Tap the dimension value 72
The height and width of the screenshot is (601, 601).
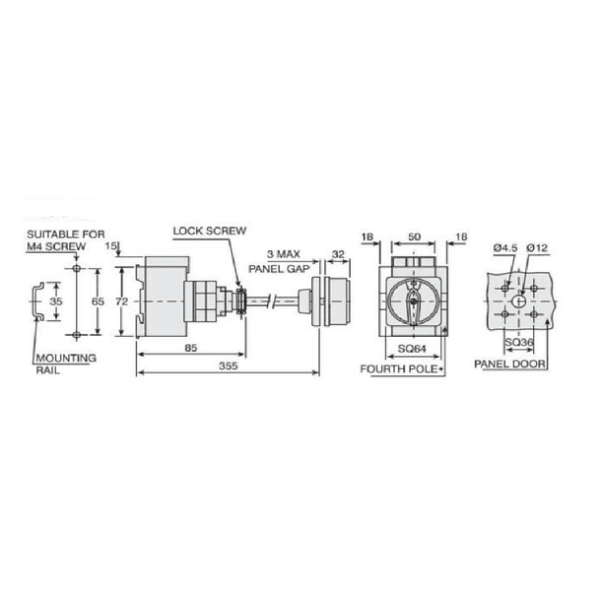(122, 300)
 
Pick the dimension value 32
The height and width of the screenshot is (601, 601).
(339, 253)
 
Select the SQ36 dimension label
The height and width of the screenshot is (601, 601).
(520, 342)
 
